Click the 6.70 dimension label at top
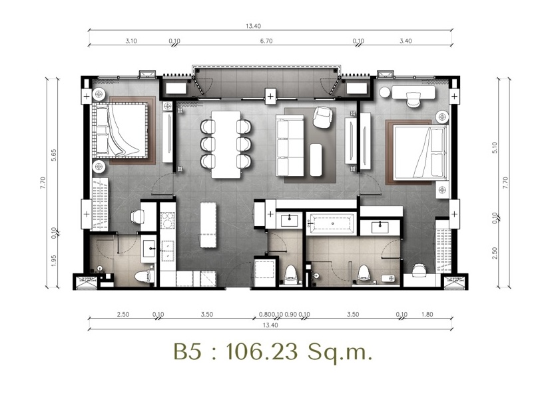266,41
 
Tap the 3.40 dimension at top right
406,41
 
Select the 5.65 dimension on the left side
54,155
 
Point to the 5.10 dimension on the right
495,148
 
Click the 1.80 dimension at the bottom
427,315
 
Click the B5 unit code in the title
188,351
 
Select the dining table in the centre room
226,145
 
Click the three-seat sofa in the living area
290,145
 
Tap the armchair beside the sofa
322,117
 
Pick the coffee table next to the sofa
316,160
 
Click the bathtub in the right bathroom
330,223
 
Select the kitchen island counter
208,225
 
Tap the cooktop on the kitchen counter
168,220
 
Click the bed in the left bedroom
120,129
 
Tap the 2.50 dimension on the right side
495,253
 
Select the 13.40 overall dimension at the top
253,25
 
